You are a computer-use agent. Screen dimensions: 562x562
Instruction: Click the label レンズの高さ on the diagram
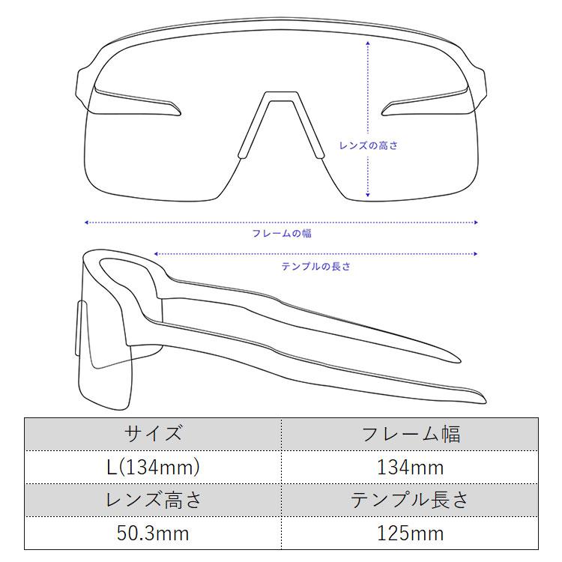(368, 145)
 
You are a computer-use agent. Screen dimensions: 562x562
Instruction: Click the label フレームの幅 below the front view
(282, 234)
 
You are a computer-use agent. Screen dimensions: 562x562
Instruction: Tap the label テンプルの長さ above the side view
(315, 267)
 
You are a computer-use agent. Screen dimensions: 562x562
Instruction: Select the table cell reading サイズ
(153, 434)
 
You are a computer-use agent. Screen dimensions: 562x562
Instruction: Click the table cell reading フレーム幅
(410, 434)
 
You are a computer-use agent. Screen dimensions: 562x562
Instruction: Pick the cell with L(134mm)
(153, 468)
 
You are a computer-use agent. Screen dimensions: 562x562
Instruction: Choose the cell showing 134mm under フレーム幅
(410, 468)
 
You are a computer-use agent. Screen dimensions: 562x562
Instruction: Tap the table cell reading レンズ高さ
(153, 500)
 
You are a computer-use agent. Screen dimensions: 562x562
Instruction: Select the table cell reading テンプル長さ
(410, 500)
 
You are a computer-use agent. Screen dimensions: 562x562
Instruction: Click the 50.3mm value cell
(153, 534)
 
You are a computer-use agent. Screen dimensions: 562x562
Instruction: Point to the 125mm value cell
(410, 534)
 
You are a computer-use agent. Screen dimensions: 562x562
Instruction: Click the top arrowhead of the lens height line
(368, 42)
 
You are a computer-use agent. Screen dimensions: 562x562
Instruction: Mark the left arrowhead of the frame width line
(87, 223)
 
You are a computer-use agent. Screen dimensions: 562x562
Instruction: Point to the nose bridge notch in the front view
(282, 96)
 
